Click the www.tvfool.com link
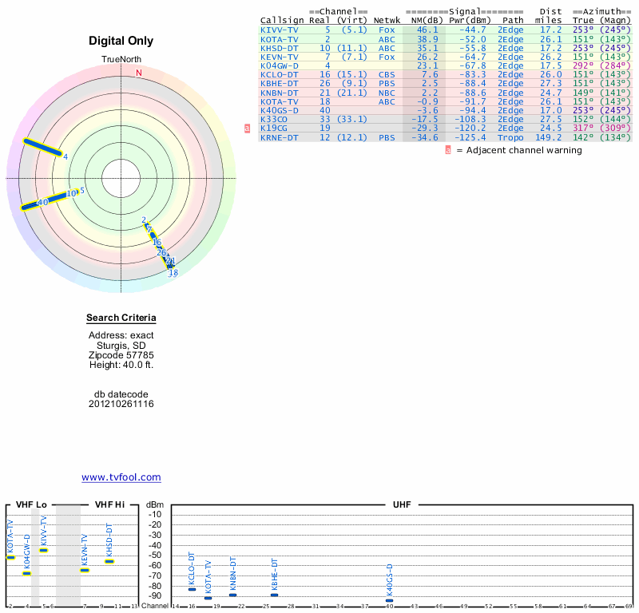click(121, 477)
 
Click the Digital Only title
click(121, 41)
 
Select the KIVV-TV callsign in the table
click(280, 29)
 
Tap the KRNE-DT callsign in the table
click(280, 138)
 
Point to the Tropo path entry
click(510, 138)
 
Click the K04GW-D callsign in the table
click(280, 65)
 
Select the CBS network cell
click(387, 74)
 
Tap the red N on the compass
click(139, 73)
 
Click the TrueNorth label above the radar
click(121, 60)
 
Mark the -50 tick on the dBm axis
click(155, 556)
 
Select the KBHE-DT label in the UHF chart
click(275, 573)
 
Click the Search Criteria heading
click(121, 318)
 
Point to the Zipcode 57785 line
click(121, 354)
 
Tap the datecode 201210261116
click(121, 404)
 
